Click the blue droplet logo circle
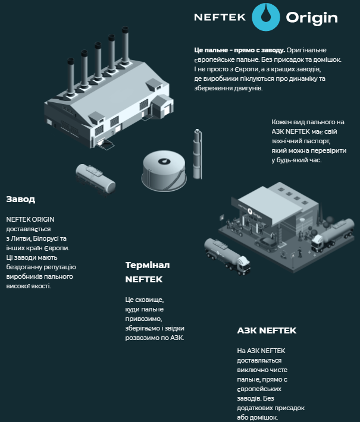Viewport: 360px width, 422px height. [x=266, y=17]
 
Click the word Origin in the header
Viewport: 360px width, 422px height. [x=312, y=18]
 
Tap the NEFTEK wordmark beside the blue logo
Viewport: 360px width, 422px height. [x=220, y=17]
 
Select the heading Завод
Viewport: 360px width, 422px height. [x=21, y=199]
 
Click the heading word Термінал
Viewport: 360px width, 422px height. [x=148, y=265]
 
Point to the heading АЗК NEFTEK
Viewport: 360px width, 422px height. [x=267, y=330]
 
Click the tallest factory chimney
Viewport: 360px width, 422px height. [x=125, y=46]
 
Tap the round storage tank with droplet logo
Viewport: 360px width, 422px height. [x=164, y=171]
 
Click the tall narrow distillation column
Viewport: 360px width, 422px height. [x=197, y=154]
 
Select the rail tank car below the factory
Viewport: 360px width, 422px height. [x=96, y=179]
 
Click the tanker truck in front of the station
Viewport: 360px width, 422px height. [x=227, y=256]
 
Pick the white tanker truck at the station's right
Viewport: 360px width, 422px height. [x=333, y=235]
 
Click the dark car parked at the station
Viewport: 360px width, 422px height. [x=267, y=244]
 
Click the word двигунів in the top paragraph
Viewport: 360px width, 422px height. [x=249, y=89]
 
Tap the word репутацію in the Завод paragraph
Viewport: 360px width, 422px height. [x=60, y=267]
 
